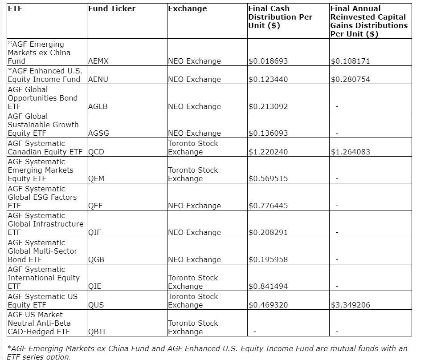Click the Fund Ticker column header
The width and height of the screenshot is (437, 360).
pyautogui.click(x=112, y=8)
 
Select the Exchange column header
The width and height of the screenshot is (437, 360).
pyautogui.click(x=187, y=8)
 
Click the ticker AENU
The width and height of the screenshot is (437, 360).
pyautogui.click(x=98, y=80)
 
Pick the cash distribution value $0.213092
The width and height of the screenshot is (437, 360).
pyautogui.click(x=268, y=107)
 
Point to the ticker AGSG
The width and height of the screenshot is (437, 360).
pyautogui.click(x=98, y=133)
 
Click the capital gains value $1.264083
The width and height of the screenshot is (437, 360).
pyautogui.click(x=350, y=152)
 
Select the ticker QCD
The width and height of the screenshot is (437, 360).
pyautogui.click(x=96, y=152)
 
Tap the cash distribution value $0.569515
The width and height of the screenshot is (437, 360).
pyautogui.click(x=268, y=179)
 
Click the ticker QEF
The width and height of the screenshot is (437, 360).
pyautogui.click(x=95, y=206)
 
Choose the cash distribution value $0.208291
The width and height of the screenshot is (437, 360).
pyautogui.click(x=268, y=233)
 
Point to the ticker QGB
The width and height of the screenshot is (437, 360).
pyautogui.click(x=96, y=260)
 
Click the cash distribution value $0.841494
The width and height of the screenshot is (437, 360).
pyautogui.click(x=268, y=287)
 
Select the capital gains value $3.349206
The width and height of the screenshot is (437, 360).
pyautogui.click(x=350, y=305)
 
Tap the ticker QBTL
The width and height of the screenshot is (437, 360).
pyautogui.click(x=98, y=332)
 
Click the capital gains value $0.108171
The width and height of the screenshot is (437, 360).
pyautogui.click(x=350, y=61)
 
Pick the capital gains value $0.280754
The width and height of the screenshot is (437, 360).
pyautogui.click(x=350, y=80)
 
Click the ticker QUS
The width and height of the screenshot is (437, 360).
pyautogui.click(x=96, y=305)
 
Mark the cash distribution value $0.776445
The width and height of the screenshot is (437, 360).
pyautogui.click(x=268, y=206)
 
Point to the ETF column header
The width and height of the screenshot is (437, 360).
pyautogui.click(x=15, y=8)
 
